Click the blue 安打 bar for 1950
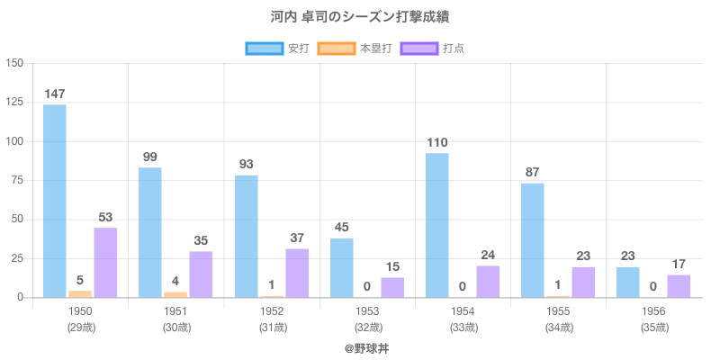tap(55, 201)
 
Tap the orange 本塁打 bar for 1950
tap(80, 293)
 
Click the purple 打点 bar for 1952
tap(297, 273)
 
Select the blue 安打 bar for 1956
tap(628, 282)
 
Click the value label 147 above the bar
tap(55, 94)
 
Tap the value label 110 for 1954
tap(437, 142)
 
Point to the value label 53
tap(105, 217)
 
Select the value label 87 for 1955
tap(533, 172)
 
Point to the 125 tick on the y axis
tap(15, 103)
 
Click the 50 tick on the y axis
tap(18, 220)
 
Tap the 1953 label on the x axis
tap(367, 310)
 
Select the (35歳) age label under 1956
tap(654, 327)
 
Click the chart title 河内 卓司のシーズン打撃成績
tap(360, 17)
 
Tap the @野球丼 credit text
tap(360, 347)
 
